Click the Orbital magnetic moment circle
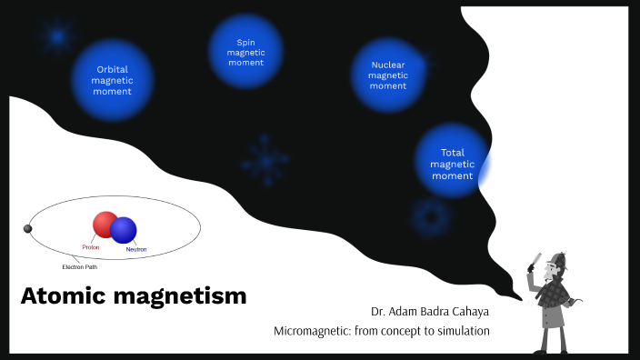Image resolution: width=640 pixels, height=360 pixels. click(x=113, y=80)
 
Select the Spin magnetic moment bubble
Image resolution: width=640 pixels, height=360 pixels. click(x=245, y=52)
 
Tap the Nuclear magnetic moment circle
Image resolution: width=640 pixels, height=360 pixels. click(x=388, y=75)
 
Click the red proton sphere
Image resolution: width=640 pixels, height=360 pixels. click(x=105, y=225)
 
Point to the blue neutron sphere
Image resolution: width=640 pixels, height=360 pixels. click(x=124, y=230)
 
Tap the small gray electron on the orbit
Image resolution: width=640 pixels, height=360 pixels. click(x=27, y=228)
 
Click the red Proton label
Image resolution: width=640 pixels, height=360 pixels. click(x=91, y=247)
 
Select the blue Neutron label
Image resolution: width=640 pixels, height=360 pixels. click(x=135, y=249)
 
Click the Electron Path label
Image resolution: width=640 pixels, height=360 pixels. click(x=79, y=267)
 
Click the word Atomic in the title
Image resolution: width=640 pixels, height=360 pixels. click(x=58, y=296)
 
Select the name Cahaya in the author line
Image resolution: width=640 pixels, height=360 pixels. click(x=467, y=311)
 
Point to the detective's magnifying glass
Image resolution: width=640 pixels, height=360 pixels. click(x=535, y=260)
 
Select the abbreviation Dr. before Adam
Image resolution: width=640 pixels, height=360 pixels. click(x=377, y=311)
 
